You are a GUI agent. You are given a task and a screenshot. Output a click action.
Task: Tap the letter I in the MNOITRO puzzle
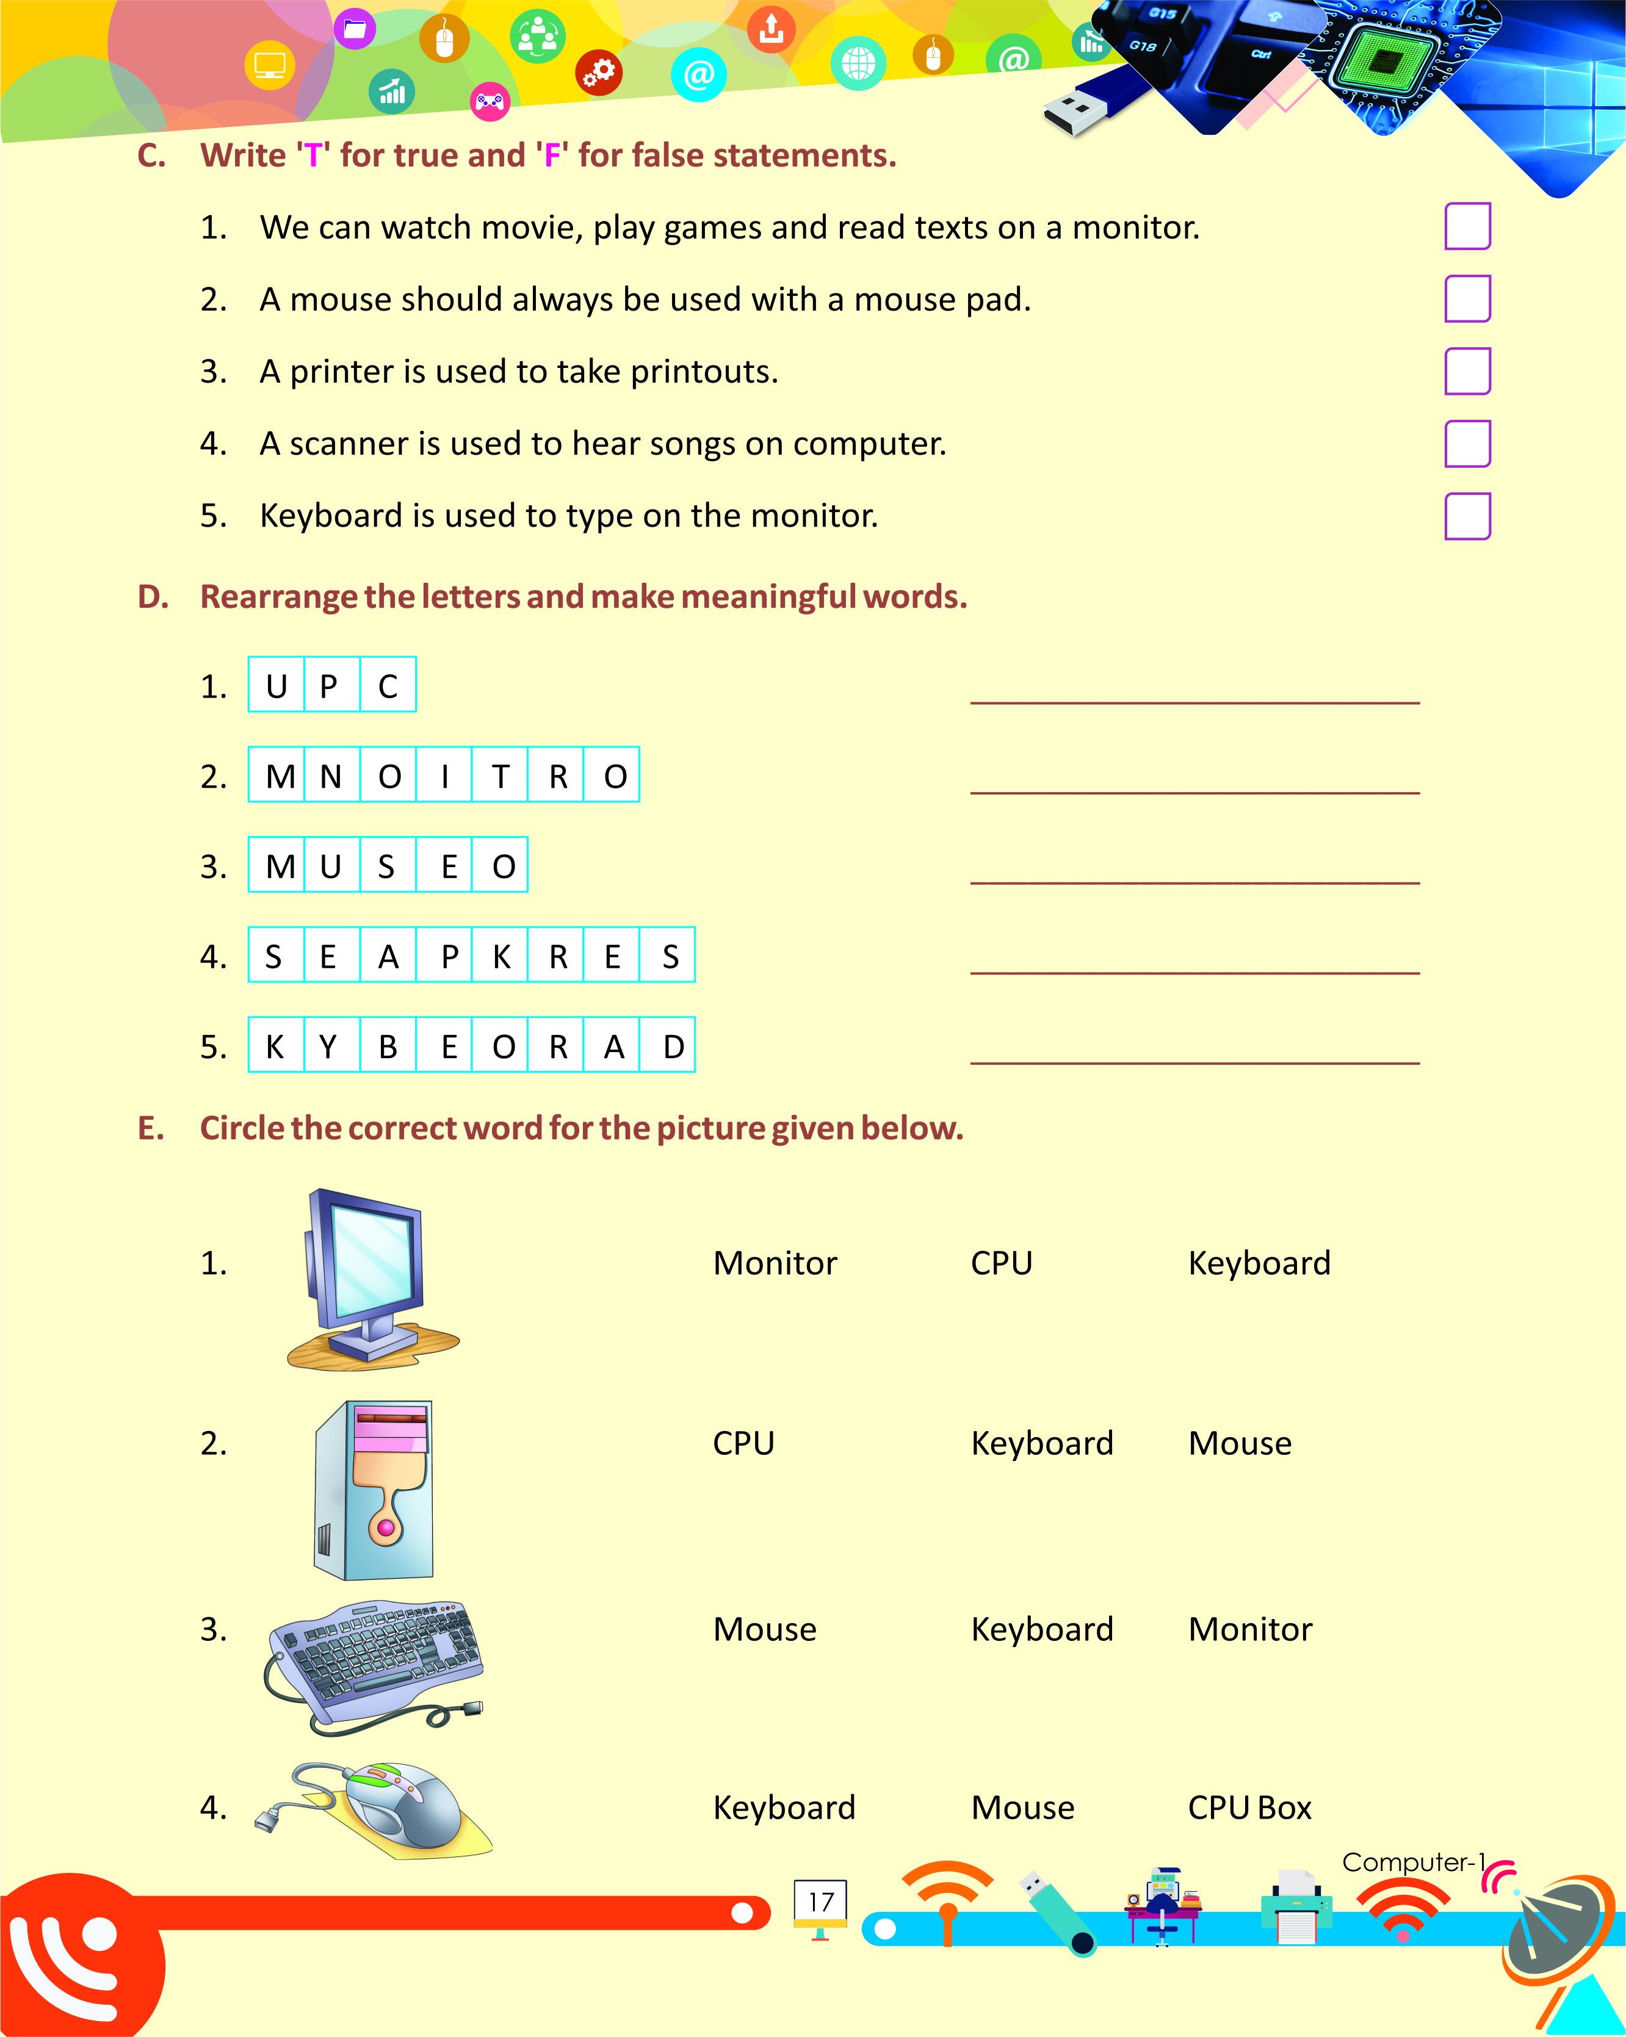pos(444,776)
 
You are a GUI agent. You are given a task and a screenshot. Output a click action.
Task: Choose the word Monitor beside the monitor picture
pos(775,1263)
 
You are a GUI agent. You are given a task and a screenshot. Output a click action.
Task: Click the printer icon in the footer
pos(1296,1905)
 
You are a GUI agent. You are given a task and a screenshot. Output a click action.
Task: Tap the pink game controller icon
pos(490,101)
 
